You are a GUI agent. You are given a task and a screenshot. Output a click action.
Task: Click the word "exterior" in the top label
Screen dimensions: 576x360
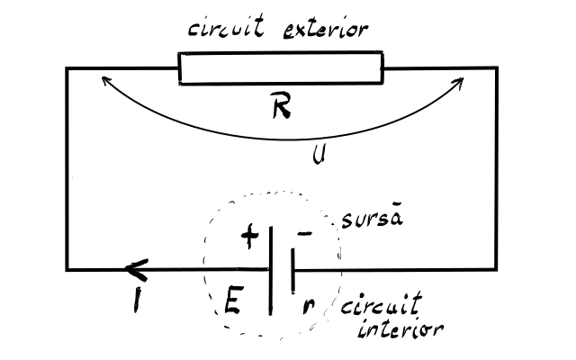[x=326, y=30]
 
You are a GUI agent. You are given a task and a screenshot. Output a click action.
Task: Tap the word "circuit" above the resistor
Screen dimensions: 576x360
[x=226, y=26]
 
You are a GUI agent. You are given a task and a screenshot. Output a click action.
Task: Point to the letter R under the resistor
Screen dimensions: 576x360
[x=282, y=105]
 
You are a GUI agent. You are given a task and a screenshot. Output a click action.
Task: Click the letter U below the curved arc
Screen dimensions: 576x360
[x=319, y=155]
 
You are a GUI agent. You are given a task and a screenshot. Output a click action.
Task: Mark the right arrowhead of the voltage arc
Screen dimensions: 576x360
[x=460, y=81]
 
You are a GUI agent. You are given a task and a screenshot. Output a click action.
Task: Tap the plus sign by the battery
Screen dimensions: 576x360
[x=250, y=236]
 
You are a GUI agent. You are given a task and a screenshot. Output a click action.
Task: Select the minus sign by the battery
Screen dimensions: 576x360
[x=304, y=234]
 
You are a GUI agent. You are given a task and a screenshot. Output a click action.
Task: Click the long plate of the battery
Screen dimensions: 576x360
[x=271, y=271]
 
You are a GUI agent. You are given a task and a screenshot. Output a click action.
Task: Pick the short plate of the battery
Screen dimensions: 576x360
[x=292, y=271]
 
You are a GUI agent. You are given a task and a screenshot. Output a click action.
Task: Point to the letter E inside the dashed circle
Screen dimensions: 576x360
[x=233, y=300]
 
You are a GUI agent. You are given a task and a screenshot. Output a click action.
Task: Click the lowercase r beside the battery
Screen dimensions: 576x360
[x=308, y=307]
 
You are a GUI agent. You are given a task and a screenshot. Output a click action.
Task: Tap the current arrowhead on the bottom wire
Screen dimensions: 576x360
[x=137, y=270]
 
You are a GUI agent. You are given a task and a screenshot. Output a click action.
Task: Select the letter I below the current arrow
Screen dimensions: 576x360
[x=137, y=300]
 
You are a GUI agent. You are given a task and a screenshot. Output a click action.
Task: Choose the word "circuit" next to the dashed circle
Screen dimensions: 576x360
[x=382, y=304]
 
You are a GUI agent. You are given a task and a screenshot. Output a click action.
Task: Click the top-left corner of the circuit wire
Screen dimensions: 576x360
[x=67, y=68]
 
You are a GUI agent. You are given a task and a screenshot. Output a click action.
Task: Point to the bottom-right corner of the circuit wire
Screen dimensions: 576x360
[x=497, y=270]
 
